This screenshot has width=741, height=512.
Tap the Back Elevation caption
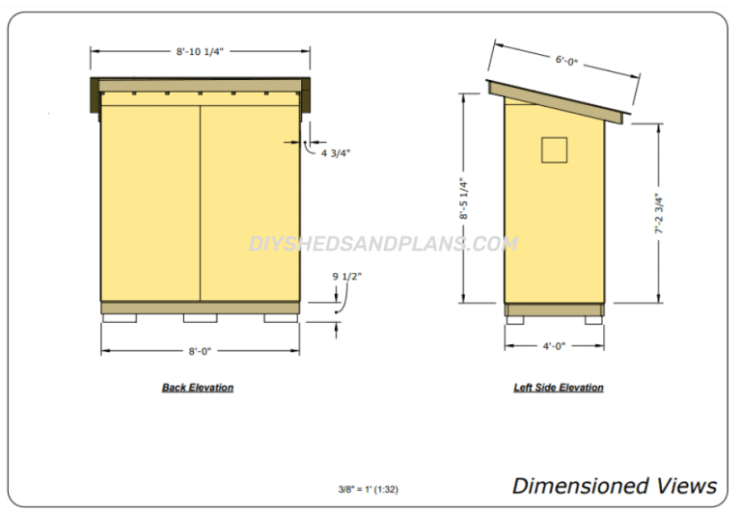[x=198, y=388]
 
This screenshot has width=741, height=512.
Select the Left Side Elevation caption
[x=559, y=388]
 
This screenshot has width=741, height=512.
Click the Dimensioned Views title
[x=614, y=485]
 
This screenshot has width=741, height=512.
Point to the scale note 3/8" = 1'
[x=369, y=490]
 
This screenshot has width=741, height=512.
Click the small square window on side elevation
[x=554, y=149]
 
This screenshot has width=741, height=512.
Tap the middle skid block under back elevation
[x=200, y=317]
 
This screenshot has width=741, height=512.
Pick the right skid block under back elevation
[x=281, y=317]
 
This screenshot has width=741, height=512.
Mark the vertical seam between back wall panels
[x=200, y=202]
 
